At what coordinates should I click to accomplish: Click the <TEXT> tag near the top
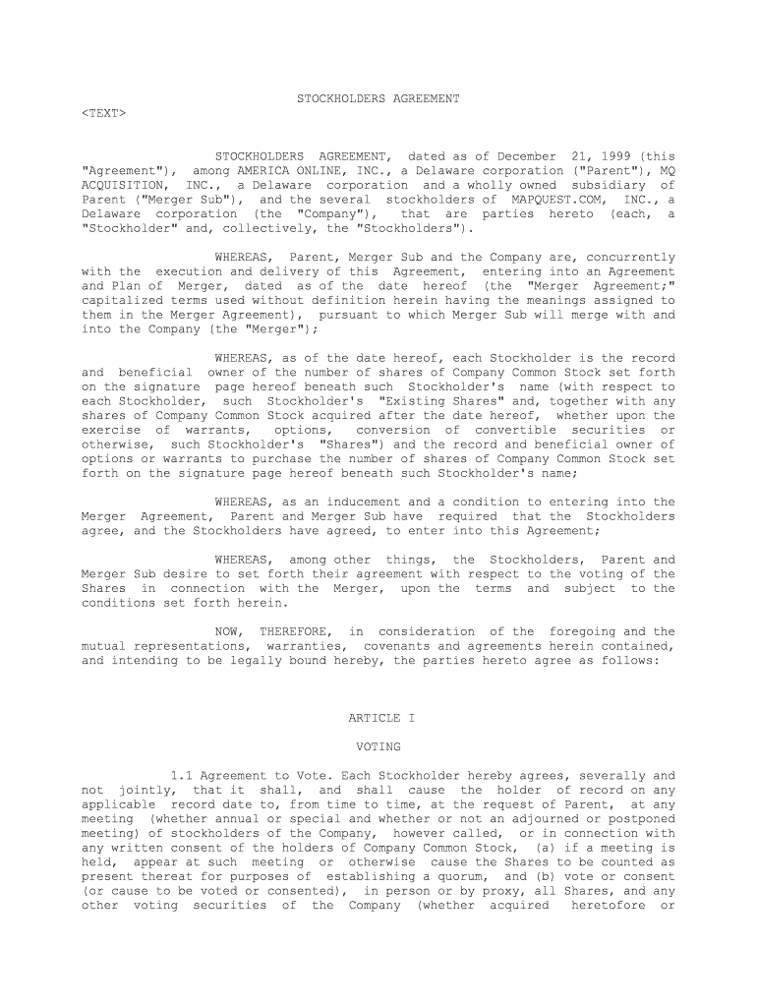pos(103,113)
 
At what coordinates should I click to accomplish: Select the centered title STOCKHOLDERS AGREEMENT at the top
pos(378,99)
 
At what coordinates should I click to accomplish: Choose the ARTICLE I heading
pos(381,719)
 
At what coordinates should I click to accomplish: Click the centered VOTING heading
pos(378,747)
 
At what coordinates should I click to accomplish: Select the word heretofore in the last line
pos(610,906)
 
